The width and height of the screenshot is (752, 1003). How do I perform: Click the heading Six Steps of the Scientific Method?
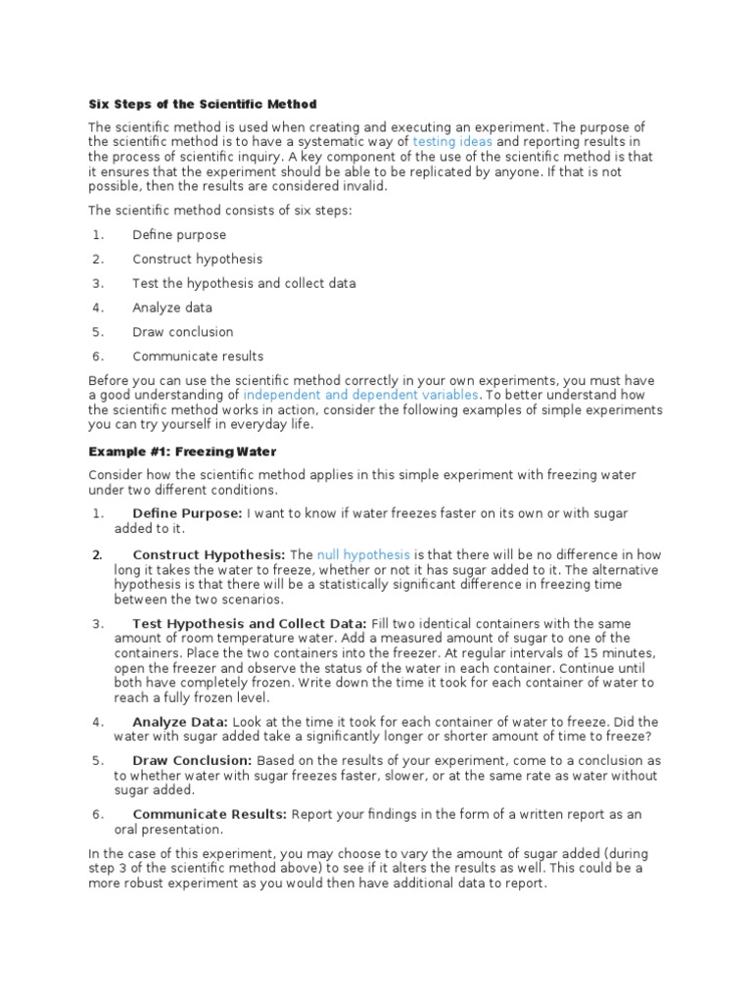(203, 104)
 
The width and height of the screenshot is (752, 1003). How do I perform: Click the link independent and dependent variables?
(361, 394)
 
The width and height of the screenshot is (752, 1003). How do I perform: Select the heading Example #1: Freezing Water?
(182, 452)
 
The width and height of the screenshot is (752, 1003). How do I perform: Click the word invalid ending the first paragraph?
(367, 185)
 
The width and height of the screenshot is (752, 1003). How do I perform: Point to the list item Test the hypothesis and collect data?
(244, 283)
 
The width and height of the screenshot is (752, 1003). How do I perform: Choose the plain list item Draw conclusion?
(183, 332)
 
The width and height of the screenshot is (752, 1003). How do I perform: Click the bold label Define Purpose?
(187, 513)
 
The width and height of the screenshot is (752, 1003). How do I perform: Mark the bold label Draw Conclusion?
(192, 760)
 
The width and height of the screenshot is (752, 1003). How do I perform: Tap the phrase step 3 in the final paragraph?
(111, 869)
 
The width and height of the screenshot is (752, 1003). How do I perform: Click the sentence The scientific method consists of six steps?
(221, 210)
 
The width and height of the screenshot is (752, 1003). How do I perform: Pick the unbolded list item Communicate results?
(198, 357)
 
